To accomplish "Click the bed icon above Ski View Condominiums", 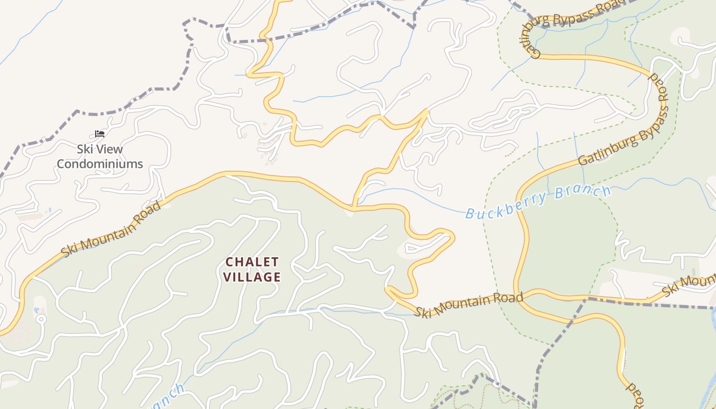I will coord(100,134).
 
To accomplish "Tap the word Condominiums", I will coord(100,164).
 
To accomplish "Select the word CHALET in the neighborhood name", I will coord(253,262).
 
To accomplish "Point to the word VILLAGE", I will coord(253,277).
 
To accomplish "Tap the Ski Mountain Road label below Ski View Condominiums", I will coord(111,229).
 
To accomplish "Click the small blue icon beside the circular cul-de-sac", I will coord(37,310).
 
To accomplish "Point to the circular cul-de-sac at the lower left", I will coord(41,320).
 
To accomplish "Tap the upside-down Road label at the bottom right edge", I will coord(634,395).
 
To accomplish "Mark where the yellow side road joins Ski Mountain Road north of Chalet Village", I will coord(353,208).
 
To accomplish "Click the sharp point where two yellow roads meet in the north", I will coord(428,109).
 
